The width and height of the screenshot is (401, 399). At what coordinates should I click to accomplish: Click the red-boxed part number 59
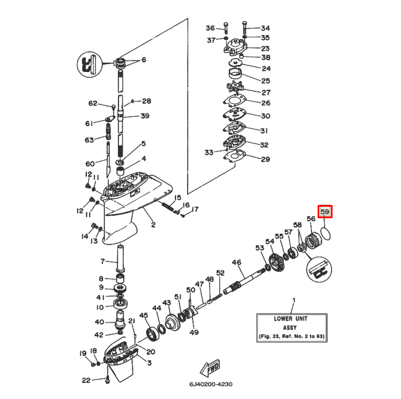tap(325, 212)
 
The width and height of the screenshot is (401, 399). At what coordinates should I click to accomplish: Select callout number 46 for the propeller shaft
tap(236, 263)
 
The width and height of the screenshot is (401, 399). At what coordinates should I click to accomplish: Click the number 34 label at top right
tap(265, 28)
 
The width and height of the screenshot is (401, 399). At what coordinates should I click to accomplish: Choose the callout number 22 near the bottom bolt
tap(86, 379)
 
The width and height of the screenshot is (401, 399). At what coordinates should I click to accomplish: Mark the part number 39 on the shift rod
tap(145, 116)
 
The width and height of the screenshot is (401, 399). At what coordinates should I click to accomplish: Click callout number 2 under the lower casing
tap(153, 225)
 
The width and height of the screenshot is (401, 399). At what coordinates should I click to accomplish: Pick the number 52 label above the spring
tap(220, 273)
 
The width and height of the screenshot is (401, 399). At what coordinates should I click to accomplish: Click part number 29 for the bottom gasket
tap(265, 159)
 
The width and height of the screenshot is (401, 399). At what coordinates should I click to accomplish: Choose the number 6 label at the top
tap(144, 60)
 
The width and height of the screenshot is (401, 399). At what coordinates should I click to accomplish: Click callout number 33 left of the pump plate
tap(209, 153)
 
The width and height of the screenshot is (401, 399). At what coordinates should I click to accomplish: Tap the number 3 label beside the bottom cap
tap(150, 363)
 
